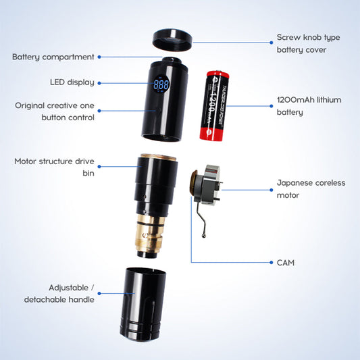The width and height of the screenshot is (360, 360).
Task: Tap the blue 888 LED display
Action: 161,86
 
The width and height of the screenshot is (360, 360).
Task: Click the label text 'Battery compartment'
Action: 53,57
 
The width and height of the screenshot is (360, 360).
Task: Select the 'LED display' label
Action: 72,82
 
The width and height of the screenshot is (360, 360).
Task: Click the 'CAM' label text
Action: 285,262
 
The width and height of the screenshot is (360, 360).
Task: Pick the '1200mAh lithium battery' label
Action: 309,106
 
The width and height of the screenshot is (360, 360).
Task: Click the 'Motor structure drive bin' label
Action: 54,167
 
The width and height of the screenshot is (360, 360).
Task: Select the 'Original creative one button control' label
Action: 55,111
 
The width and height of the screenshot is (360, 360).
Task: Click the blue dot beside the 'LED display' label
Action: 101,82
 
